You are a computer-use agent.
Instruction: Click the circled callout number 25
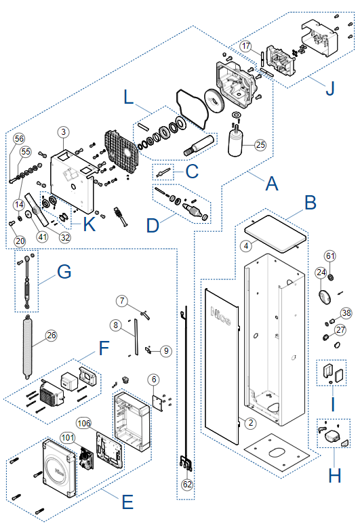[x=260, y=145]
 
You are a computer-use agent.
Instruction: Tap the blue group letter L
[x=129, y=98]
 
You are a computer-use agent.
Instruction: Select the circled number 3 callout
[x=64, y=132]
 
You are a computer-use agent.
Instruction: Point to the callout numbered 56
[x=19, y=138]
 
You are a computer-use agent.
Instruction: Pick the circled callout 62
[x=187, y=484]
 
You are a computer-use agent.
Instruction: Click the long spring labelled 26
[x=28, y=347]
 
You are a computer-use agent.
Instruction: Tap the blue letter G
[x=64, y=271]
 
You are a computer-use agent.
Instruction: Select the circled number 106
[x=84, y=424]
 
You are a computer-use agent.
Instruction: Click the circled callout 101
[x=68, y=437]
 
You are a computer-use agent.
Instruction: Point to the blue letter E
[x=127, y=502]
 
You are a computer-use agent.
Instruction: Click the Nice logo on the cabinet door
[x=220, y=317]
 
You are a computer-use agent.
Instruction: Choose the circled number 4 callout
[x=246, y=246]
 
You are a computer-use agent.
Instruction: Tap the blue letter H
[x=334, y=475]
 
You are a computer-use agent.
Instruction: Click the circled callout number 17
[x=246, y=46]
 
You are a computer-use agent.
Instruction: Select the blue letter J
[x=330, y=89]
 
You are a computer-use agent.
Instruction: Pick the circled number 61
[x=330, y=256]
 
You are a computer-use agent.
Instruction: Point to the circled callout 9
[x=166, y=351]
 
